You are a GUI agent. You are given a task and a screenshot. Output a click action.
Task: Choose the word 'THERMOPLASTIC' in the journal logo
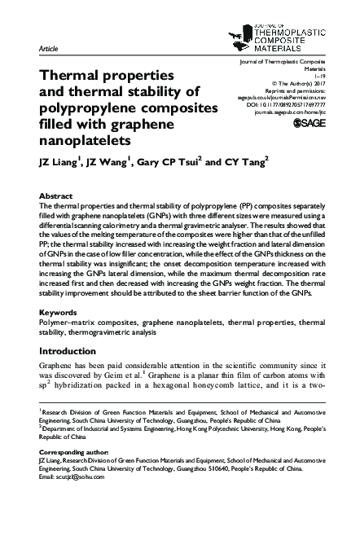pos(282,15)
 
